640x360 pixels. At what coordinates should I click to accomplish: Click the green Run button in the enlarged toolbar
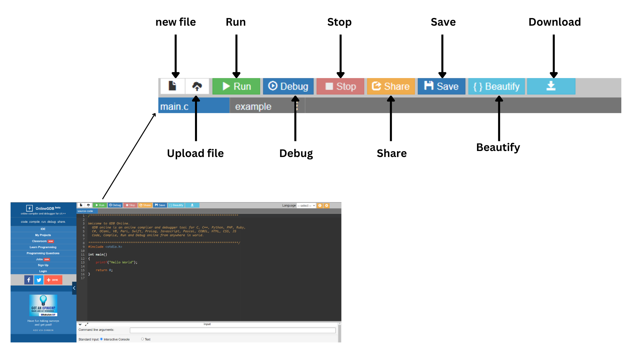pyautogui.click(x=236, y=86)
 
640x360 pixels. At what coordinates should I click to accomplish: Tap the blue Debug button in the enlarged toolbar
pyautogui.click(x=288, y=86)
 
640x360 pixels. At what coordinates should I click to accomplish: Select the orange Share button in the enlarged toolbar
pyautogui.click(x=391, y=86)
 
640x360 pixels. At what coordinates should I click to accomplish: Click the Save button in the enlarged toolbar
pyautogui.click(x=441, y=86)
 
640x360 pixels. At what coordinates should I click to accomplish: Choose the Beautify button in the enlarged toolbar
pyautogui.click(x=496, y=86)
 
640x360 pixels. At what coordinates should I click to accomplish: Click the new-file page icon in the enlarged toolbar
pyautogui.click(x=172, y=86)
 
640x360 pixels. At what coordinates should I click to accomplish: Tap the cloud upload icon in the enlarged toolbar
pyautogui.click(x=197, y=86)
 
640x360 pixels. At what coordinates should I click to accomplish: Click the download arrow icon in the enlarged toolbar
pyautogui.click(x=551, y=86)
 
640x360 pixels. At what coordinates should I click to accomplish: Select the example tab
pyautogui.click(x=253, y=106)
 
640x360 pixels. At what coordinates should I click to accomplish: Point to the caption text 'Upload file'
pyautogui.click(x=195, y=153)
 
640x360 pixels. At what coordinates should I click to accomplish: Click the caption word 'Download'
pyautogui.click(x=555, y=22)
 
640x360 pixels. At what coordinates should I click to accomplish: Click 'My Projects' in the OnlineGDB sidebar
pyautogui.click(x=43, y=235)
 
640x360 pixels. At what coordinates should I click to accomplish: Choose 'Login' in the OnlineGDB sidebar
pyautogui.click(x=43, y=271)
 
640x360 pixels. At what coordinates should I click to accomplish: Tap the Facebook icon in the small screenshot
pyautogui.click(x=29, y=280)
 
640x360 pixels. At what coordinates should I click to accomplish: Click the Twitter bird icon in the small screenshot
pyautogui.click(x=39, y=280)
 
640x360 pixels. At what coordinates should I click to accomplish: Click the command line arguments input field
pyautogui.click(x=233, y=330)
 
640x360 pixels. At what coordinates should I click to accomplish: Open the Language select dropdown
pyautogui.click(x=306, y=206)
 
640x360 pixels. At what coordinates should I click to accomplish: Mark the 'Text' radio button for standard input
pyautogui.click(x=142, y=339)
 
